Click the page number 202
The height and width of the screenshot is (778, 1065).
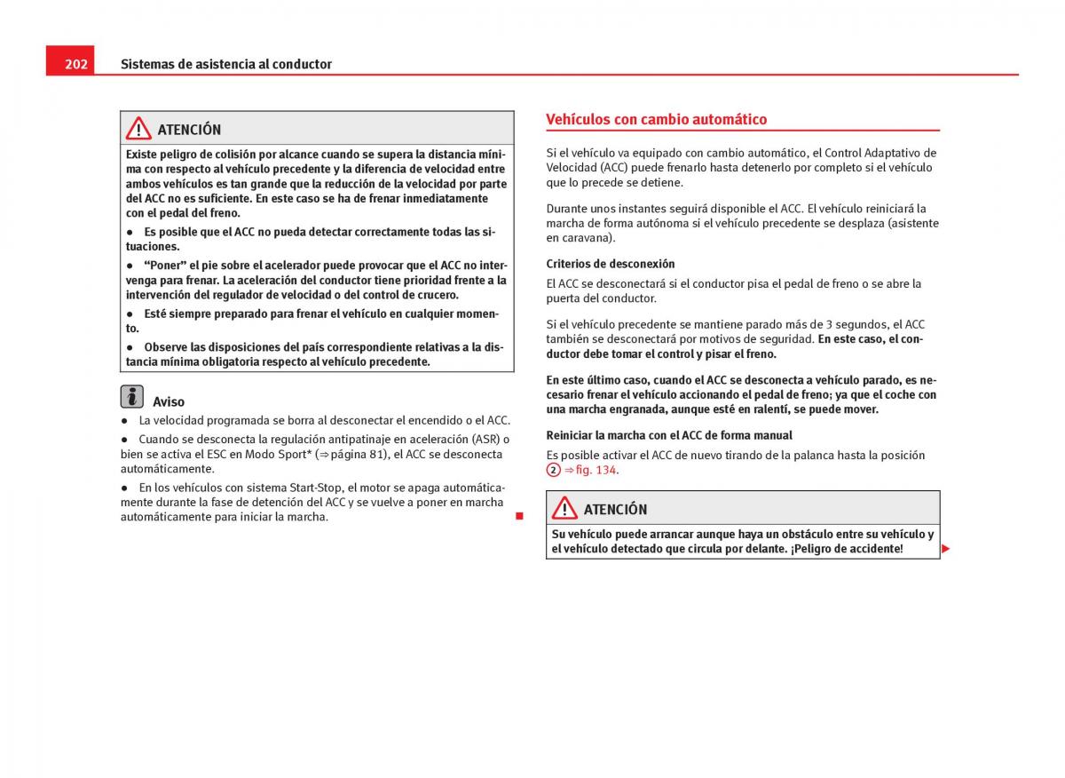coord(75,64)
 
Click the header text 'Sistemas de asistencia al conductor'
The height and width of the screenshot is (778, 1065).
coord(225,64)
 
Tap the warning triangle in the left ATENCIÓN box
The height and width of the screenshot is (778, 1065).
coord(138,129)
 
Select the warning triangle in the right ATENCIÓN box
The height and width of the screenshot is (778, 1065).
coord(564,509)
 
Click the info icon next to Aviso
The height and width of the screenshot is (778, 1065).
coord(132,397)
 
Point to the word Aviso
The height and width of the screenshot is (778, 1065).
coord(169,401)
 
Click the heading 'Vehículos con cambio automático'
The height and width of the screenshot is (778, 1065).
coord(656,119)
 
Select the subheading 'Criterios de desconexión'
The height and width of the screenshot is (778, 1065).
coord(611,264)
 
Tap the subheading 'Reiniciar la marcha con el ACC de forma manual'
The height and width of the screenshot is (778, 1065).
coord(669,435)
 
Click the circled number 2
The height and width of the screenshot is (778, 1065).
coord(554,470)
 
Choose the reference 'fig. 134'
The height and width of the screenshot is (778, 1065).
coord(596,470)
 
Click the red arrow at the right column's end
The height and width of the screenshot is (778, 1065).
coord(946,549)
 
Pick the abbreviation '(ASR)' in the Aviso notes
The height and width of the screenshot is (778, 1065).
coord(484,439)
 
